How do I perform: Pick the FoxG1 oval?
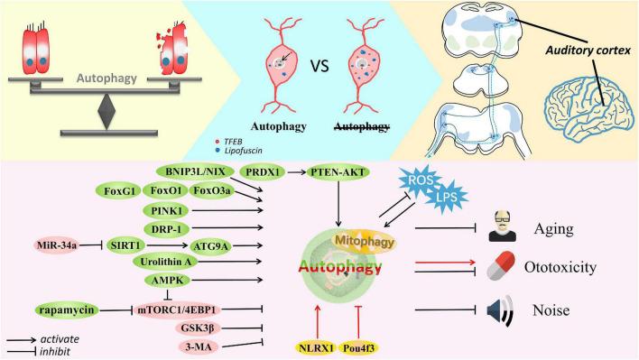point(120,191)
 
